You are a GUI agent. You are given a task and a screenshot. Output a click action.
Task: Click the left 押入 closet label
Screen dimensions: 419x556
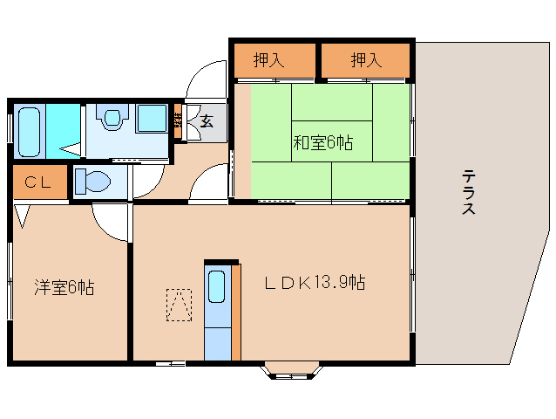point(269,60)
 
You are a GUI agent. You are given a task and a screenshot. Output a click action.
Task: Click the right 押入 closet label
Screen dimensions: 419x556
point(366,60)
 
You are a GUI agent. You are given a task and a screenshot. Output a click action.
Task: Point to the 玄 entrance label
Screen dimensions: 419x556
point(207,121)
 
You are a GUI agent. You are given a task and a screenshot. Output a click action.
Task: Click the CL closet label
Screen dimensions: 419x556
point(37,182)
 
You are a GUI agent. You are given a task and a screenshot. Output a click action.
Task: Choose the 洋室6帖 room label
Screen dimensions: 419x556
point(64,287)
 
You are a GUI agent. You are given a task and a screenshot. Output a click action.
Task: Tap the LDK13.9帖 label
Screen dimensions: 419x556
point(315,283)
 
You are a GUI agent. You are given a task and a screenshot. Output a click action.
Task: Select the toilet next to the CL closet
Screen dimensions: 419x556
point(93,182)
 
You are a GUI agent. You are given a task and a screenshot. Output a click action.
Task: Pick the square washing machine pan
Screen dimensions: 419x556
point(152,119)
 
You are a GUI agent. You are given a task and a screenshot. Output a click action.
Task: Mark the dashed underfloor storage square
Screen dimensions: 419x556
point(180,305)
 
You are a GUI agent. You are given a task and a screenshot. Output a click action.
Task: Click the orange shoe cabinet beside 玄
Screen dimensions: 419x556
point(178,122)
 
